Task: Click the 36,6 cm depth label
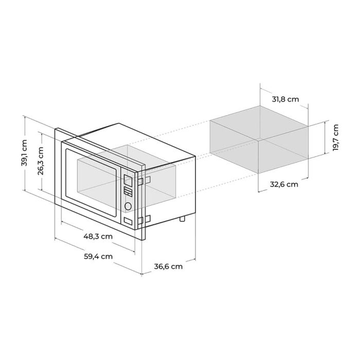click(x=168, y=266)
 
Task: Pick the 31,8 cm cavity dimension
click(x=285, y=99)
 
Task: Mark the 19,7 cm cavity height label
click(x=336, y=138)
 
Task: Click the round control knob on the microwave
click(x=128, y=206)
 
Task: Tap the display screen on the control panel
click(x=128, y=179)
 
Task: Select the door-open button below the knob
click(x=128, y=221)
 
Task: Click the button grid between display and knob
click(x=128, y=192)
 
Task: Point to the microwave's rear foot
click(x=182, y=220)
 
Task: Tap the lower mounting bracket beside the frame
click(x=146, y=220)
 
